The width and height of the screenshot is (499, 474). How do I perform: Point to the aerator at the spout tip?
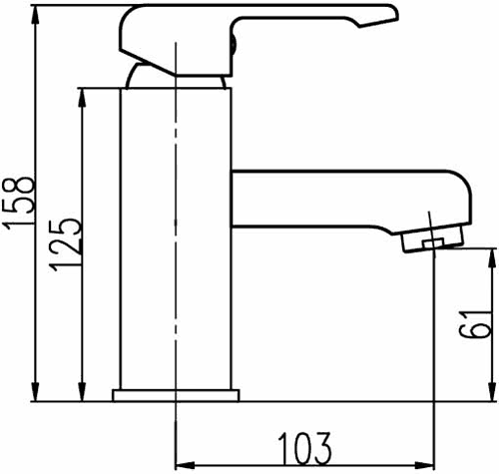(x=431, y=237)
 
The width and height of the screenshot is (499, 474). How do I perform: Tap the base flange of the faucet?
(x=178, y=395)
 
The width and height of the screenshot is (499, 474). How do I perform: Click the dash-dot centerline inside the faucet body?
(x=178, y=299)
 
